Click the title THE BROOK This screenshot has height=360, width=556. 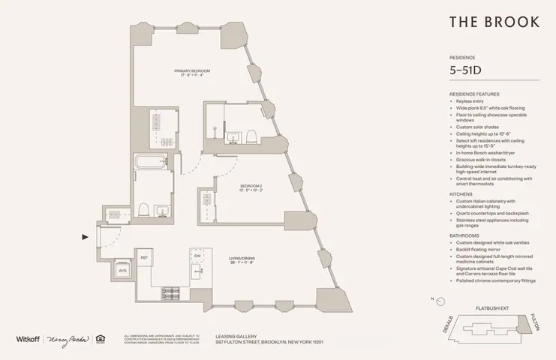pos(494,22)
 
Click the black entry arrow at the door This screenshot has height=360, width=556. pos(85,237)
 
